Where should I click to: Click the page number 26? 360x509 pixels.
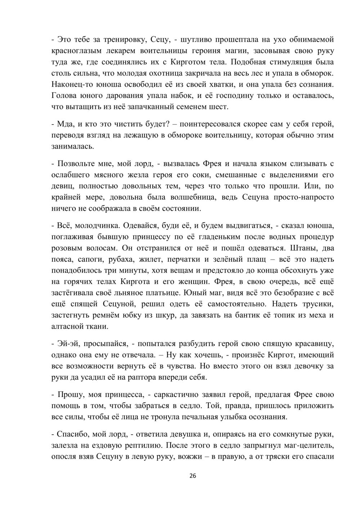point(193,476)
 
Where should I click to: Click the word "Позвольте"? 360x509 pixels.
point(76,164)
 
